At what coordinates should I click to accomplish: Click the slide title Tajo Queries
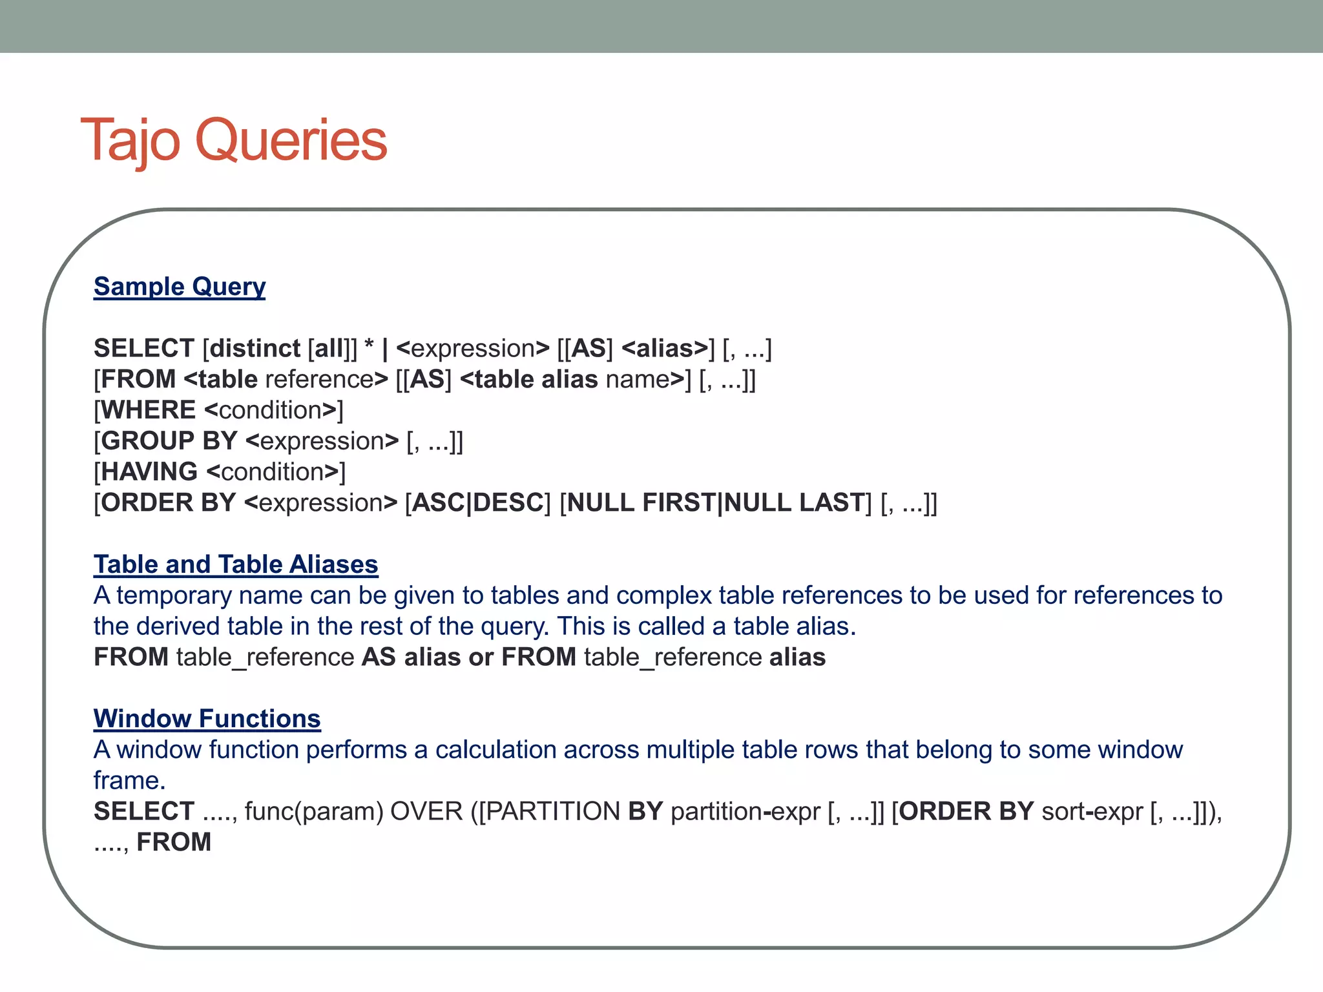point(233,140)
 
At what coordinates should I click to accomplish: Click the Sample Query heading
point(180,286)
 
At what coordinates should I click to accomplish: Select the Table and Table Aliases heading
point(236,564)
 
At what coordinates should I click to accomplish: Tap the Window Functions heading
point(207,719)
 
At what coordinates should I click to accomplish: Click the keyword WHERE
point(148,410)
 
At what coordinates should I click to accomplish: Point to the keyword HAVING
point(149,472)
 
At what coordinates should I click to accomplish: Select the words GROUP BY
point(169,441)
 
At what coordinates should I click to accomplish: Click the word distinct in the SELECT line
point(255,349)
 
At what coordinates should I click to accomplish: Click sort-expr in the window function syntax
point(1092,812)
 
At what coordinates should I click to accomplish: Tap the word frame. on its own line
point(129,781)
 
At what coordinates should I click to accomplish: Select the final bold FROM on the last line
point(174,842)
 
